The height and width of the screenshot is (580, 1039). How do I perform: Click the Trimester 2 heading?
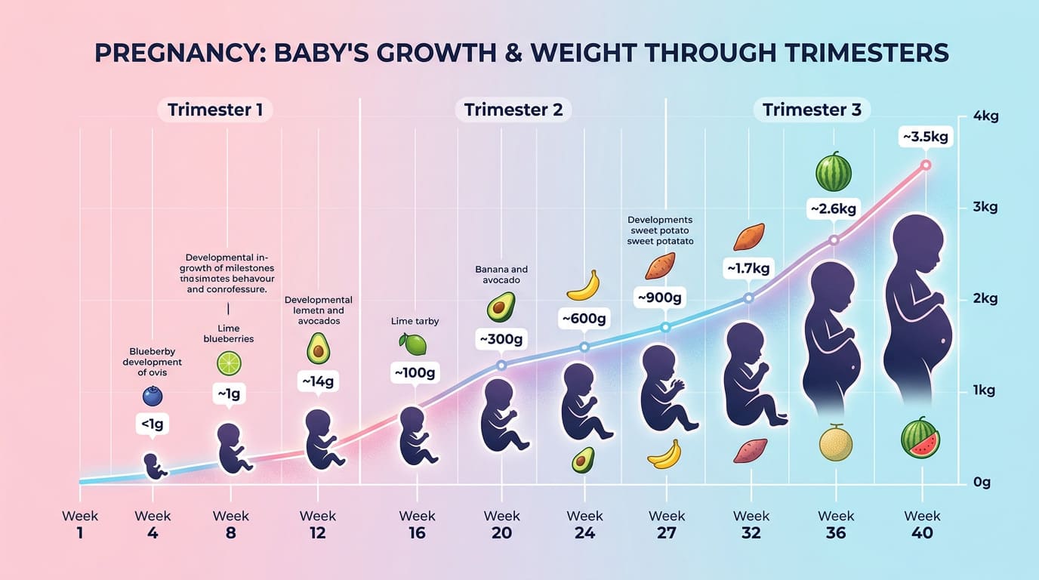click(513, 110)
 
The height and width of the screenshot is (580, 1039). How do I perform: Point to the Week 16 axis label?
click(417, 524)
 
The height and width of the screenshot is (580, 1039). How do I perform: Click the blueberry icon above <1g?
click(153, 396)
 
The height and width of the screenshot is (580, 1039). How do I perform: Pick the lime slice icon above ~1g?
click(229, 363)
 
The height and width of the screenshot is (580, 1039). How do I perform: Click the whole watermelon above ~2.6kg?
click(834, 173)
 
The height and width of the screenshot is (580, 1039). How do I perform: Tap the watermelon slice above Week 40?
click(920, 440)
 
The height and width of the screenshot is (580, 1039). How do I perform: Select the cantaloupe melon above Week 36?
click(836, 444)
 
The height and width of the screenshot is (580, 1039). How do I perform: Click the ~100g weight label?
click(415, 372)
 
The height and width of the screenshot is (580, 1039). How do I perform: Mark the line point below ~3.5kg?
click(926, 165)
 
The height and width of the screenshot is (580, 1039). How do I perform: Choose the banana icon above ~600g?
click(583, 285)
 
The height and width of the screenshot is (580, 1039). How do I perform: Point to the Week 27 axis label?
click(667, 524)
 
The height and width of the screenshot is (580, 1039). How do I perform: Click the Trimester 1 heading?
click(215, 110)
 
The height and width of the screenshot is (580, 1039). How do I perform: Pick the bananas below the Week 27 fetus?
click(664, 455)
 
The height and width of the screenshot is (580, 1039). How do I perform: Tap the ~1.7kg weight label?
click(749, 267)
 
